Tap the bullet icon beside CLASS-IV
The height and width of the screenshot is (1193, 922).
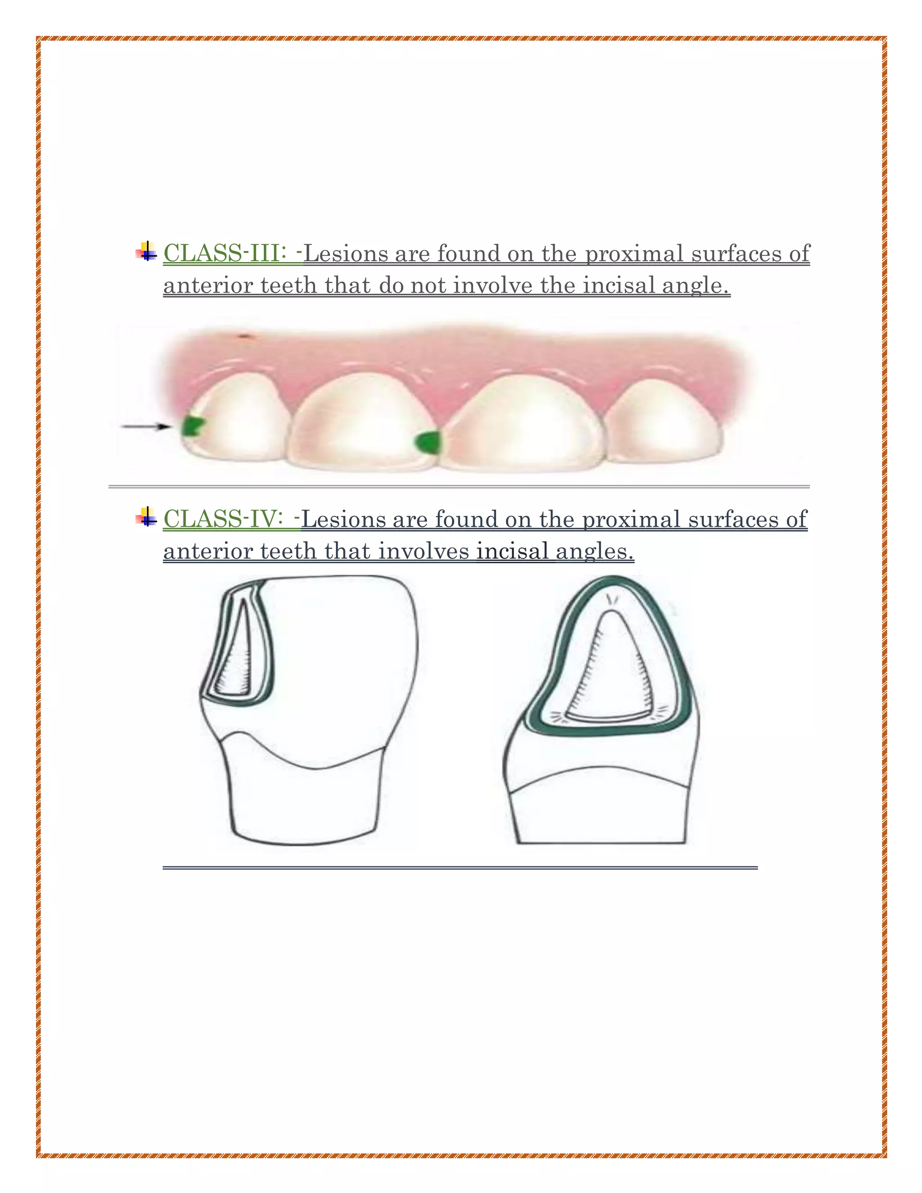point(146,517)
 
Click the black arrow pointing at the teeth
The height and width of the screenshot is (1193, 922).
point(145,426)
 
